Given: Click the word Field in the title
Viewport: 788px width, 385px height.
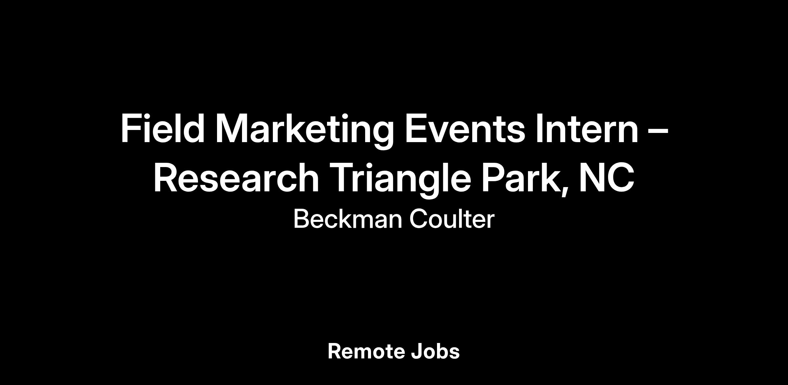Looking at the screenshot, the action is [x=163, y=128].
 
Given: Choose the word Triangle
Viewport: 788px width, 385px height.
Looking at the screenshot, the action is [x=401, y=180].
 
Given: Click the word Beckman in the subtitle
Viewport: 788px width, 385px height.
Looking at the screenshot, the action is [x=348, y=219].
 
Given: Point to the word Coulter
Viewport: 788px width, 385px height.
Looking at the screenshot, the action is [x=452, y=219].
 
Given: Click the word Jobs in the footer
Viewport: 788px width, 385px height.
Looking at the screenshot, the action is [x=435, y=352].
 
